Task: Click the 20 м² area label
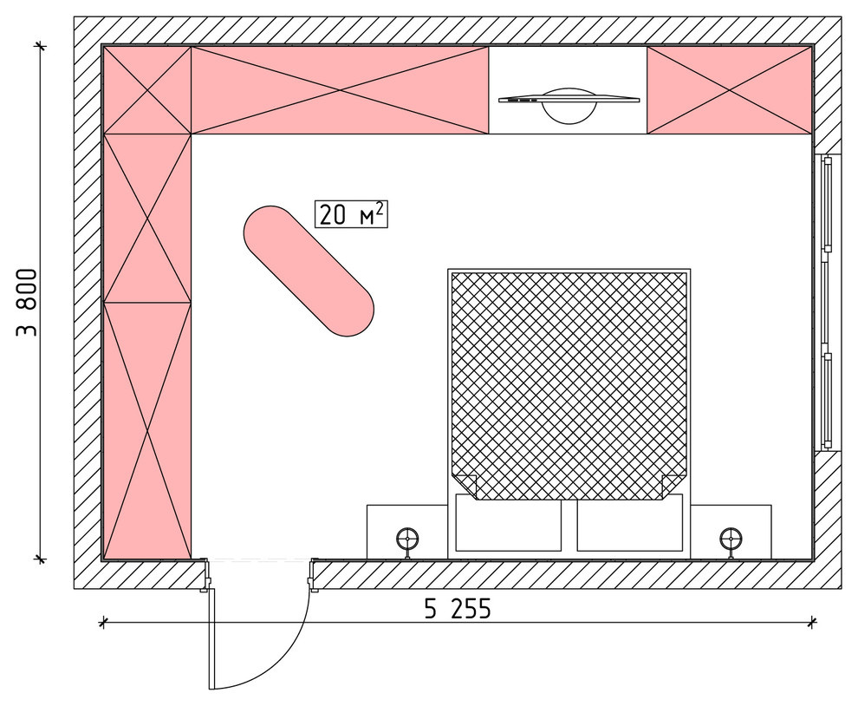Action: click(351, 214)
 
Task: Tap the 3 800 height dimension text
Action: click(27, 303)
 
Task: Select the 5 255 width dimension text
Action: click(458, 609)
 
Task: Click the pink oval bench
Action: click(309, 271)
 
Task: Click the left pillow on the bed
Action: click(508, 523)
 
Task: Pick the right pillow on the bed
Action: click(630, 523)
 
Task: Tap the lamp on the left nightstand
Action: click(407, 539)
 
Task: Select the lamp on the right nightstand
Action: click(731, 539)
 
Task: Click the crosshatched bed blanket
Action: click(569, 386)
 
